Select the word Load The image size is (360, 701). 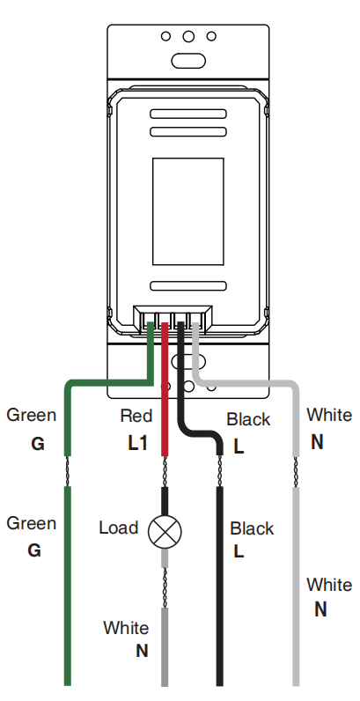point(118,528)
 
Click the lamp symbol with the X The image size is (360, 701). point(165,530)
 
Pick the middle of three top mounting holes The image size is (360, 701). point(187,38)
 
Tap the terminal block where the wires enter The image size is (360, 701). point(173,316)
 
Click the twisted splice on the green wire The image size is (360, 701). point(68,471)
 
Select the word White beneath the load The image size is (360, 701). point(126,628)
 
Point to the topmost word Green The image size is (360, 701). point(31,415)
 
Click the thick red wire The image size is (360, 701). point(165,396)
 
